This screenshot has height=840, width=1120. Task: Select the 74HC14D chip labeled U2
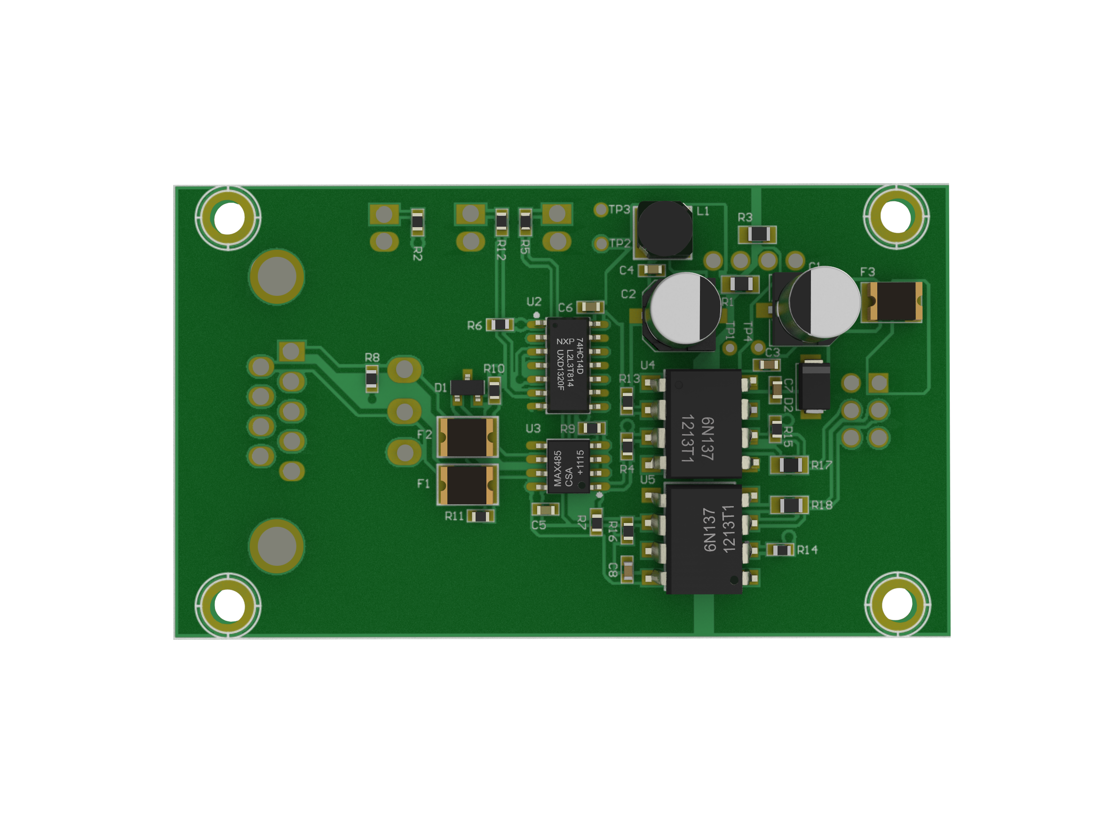568,365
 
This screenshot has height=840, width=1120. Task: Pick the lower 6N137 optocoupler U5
704,539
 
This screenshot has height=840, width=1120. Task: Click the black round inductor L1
665,229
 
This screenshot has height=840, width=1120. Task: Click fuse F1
467,485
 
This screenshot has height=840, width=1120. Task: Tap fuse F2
467,437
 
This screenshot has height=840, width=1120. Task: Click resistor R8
372,379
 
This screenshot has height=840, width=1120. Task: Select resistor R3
758,234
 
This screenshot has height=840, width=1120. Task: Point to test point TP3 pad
601,210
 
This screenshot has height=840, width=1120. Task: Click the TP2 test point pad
601,244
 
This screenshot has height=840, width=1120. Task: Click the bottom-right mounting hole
897,604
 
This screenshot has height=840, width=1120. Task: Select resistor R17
789,465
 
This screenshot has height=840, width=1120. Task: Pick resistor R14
781,550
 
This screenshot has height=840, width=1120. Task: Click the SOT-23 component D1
467,389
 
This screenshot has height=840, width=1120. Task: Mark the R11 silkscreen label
454,516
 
